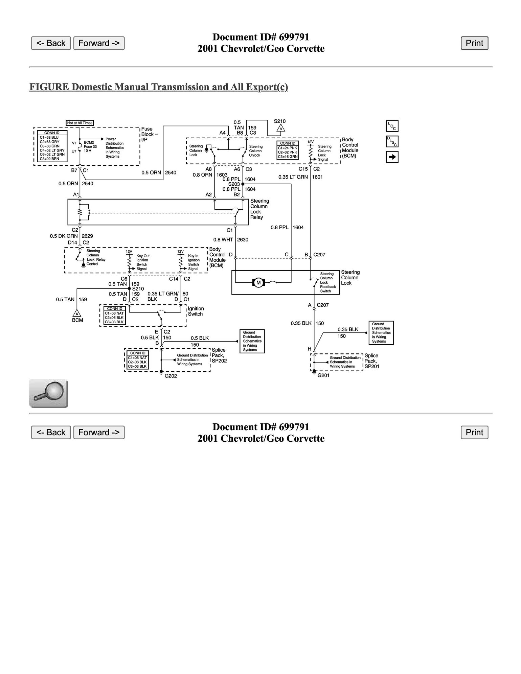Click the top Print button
click(474, 43)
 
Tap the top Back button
click(51, 43)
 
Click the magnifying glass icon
click(48, 393)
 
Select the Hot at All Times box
click(80, 123)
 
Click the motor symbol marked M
click(259, 282)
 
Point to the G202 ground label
click(171, 376)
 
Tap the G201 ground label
click(323, 375)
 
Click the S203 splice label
click(234, 184)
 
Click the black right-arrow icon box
click(392, 157)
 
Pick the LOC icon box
click(392, 126)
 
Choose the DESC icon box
click(392, 141)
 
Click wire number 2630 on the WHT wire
click(243, 240)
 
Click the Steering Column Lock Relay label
click(259, 209)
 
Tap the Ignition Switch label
click(196, 311)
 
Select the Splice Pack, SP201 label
click(371, 361)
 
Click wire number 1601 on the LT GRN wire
click(317, 177)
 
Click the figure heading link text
click(159, 87)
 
